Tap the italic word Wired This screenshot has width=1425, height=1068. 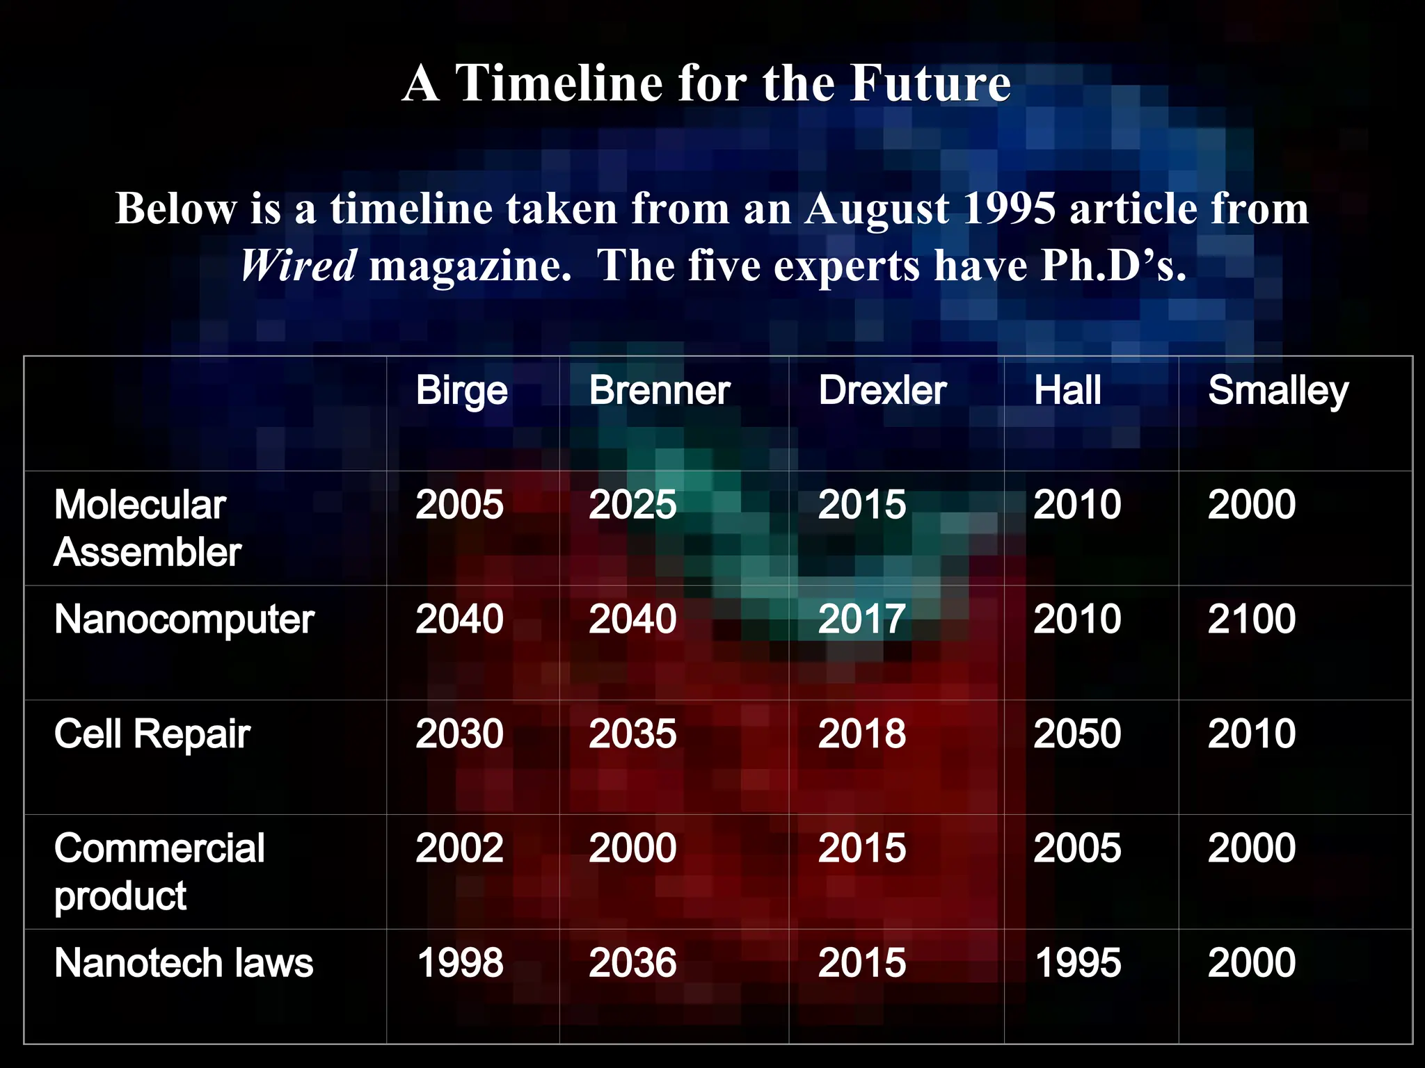click(x=298, y=266)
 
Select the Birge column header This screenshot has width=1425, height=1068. click(x=461, y=391)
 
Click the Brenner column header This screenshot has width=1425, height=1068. click(x=659, y=391)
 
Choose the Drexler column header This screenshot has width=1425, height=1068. click(x=882, y=391)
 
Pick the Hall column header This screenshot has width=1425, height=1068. click(x=1067, y=391)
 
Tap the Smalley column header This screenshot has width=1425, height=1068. click(x=1277, y=391)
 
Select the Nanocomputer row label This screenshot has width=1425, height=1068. click(x=184, y=619)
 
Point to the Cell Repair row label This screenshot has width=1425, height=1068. click(x=152, y=734)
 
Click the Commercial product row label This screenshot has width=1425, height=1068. click(x=159, y=872)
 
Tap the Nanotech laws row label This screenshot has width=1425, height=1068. click(x=184, y=964)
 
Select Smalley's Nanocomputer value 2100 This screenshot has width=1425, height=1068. click(x=1251, y=619)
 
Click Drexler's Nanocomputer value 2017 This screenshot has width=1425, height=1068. click(x=861, y=619)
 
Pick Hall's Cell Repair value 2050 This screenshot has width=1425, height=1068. click(x=1076, y=734)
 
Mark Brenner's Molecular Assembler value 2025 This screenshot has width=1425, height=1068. click(x=632, y=505)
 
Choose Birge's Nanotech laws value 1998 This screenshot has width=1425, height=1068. click(x=459, y=964)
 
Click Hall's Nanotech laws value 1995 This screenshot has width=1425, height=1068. click(x=1076, y=964)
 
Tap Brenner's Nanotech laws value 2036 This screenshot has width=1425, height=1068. click(x=632, y=964)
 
